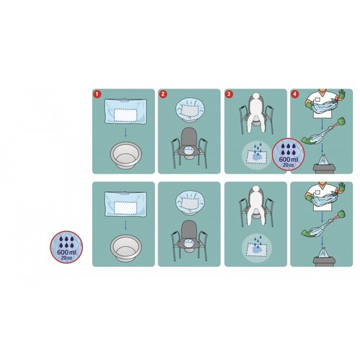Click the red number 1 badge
[x=96, y=94]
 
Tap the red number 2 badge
[x=163, y=94]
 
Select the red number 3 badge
[x=229, y=94]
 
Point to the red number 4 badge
[x=294, y=94]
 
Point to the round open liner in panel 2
[x=189, y=109]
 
